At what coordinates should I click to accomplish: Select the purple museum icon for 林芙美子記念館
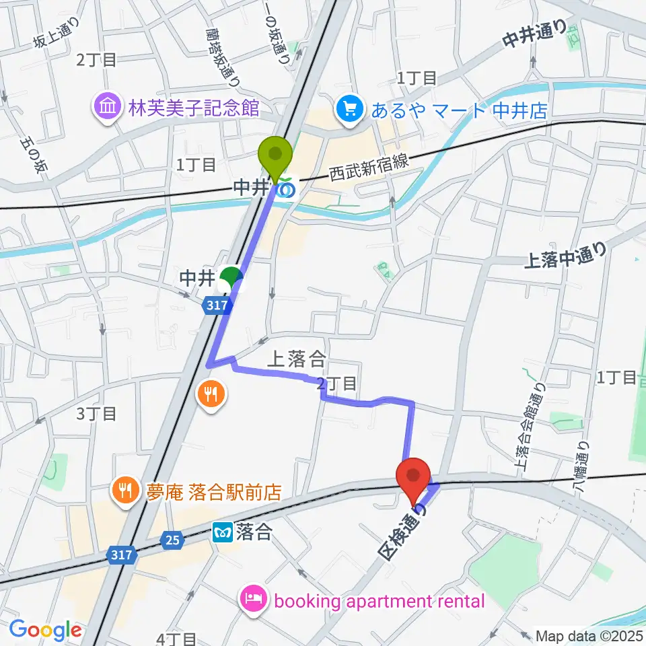(x=107, y=106)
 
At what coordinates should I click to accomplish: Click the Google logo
(x=46, y=630)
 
